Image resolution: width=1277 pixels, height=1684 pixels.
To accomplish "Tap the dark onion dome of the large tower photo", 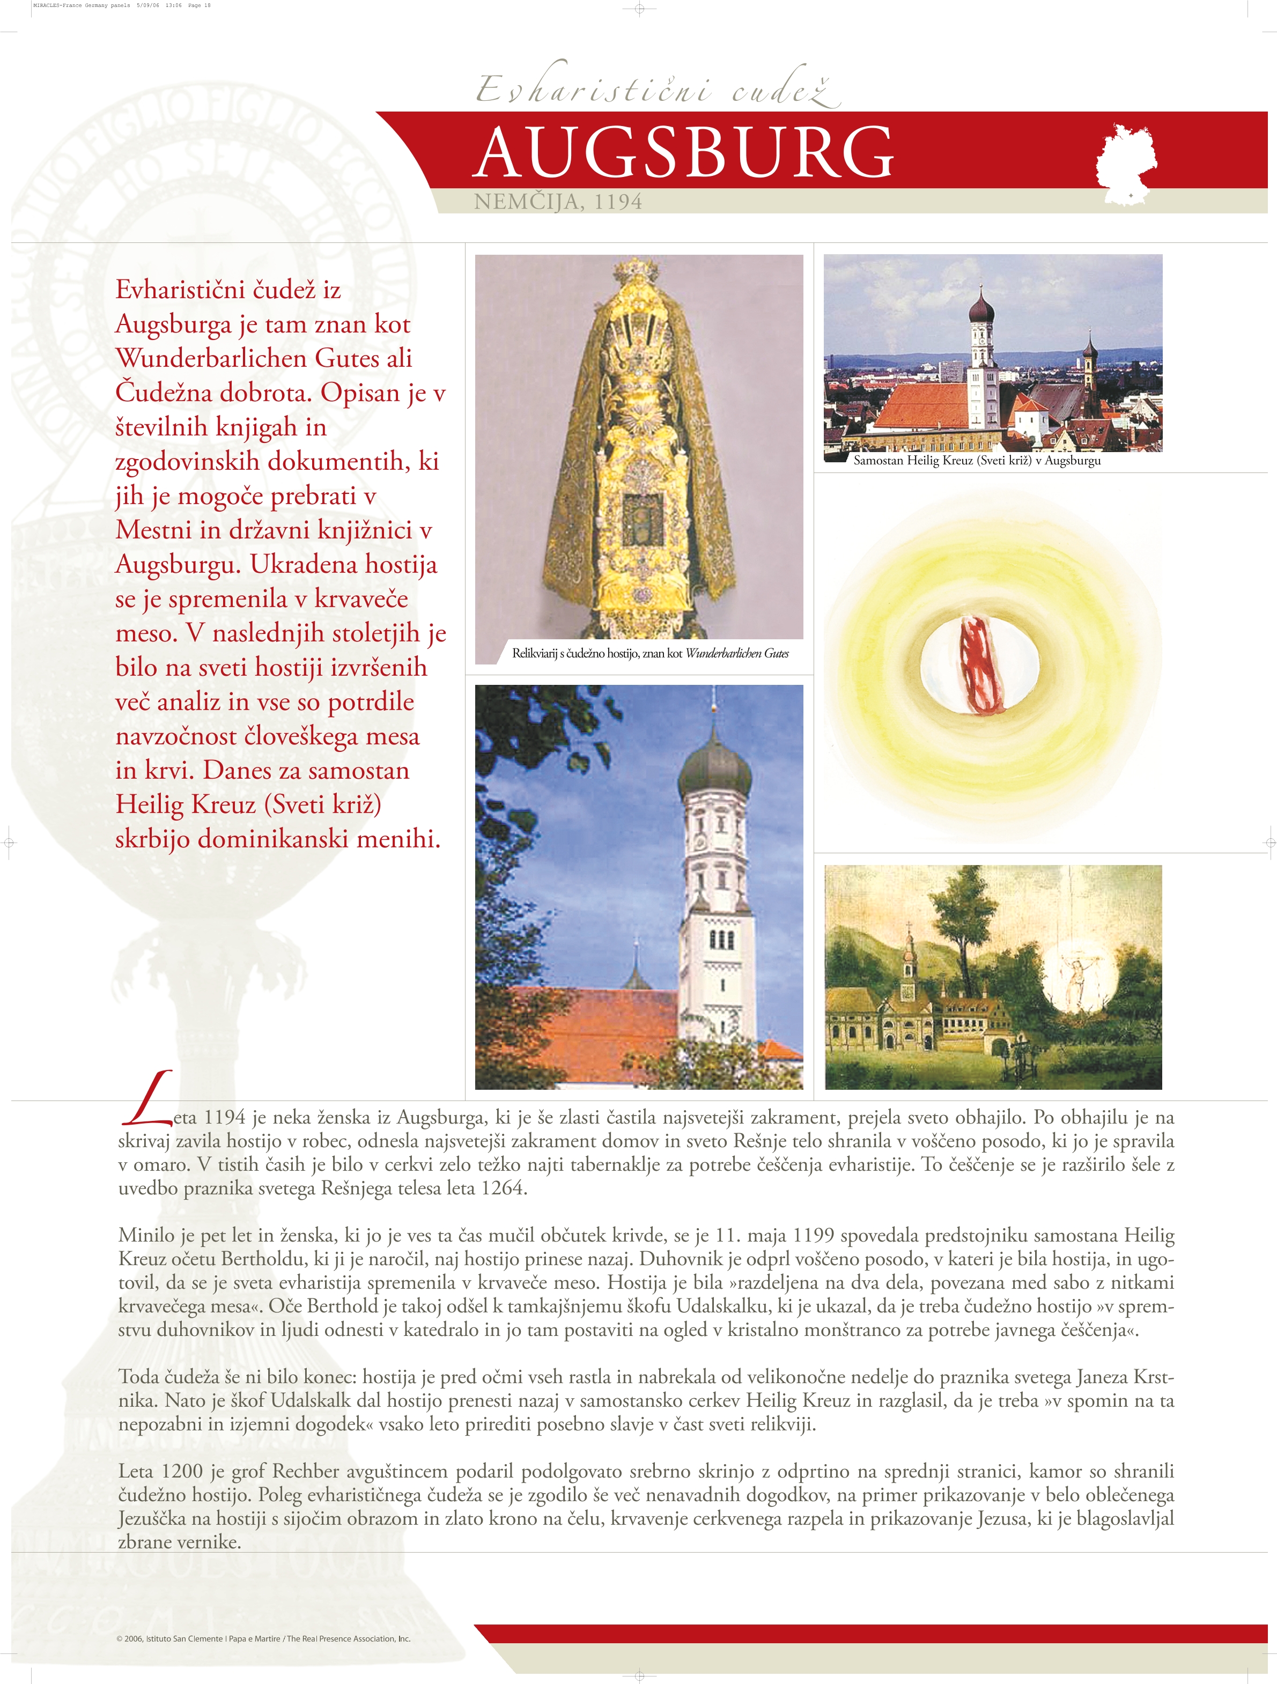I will coord(714,771).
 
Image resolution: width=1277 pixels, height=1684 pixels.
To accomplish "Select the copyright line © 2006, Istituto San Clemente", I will coord(263,1638).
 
